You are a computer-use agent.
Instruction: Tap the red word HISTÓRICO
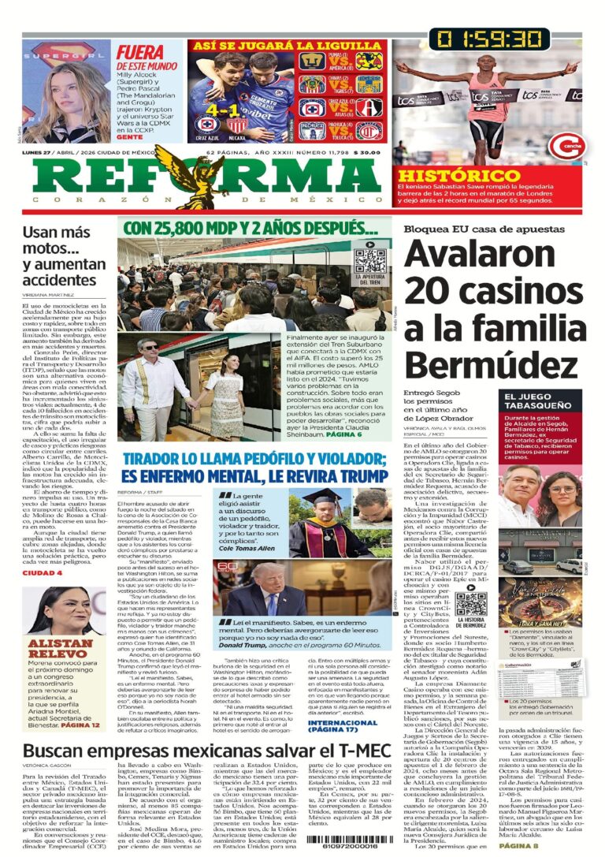[447, 175]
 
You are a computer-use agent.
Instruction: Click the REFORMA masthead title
[201, 174]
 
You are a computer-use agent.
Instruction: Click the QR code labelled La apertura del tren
[370, 259]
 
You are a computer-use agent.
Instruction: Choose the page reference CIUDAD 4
[42, 572]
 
